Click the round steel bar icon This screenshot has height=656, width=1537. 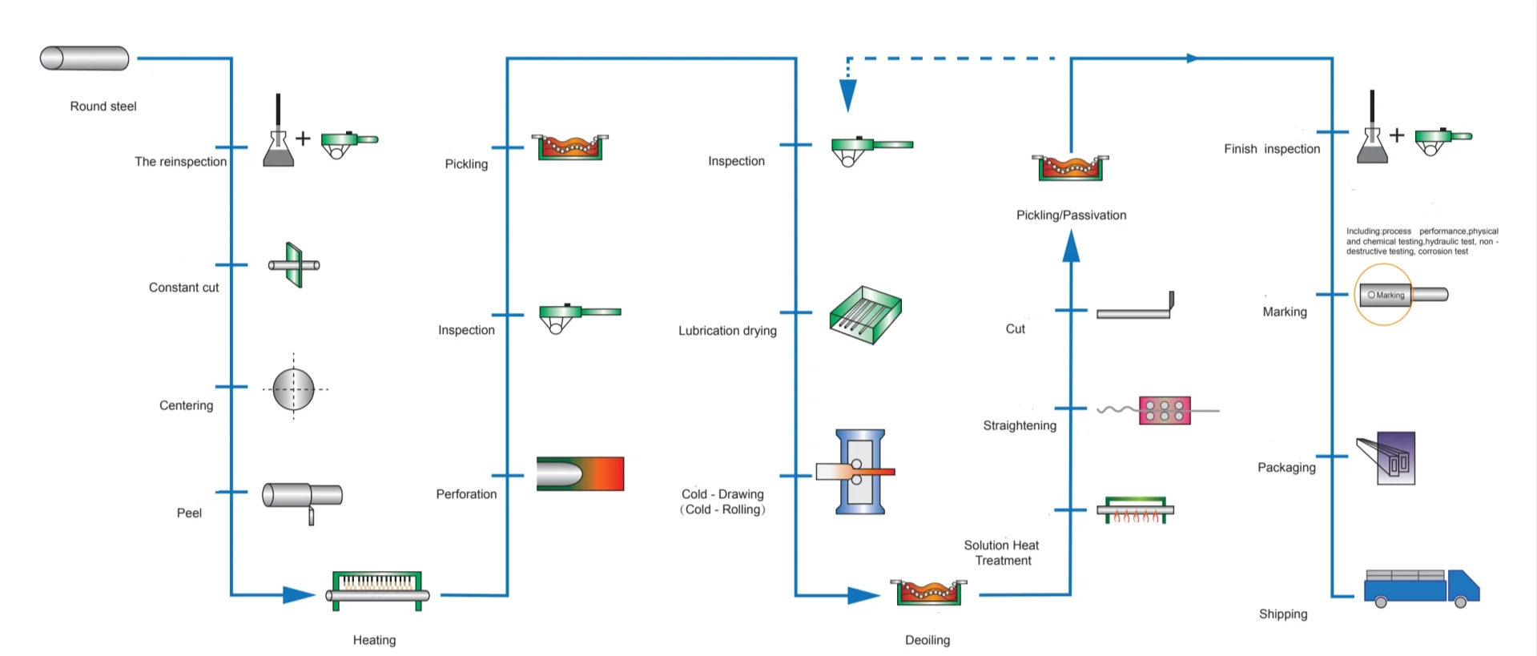[84, 58]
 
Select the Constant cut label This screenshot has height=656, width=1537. [183, 288]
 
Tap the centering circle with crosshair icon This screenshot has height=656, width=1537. [294, 389]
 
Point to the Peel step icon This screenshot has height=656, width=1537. [302, 497]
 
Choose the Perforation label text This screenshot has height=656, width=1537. [466, 494]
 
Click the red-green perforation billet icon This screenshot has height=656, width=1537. [580, 473]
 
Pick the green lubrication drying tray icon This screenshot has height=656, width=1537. [865, 315]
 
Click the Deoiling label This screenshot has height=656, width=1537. [927, 640]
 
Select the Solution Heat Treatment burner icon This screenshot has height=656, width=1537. [1135, 510]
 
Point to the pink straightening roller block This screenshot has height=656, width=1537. [1165, 410]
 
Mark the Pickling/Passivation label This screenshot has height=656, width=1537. [1071, 215]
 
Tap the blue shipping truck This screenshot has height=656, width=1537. [1422, 589]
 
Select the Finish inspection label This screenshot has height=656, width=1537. [1272, 149]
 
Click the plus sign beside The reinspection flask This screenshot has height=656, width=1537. [303, 139]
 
